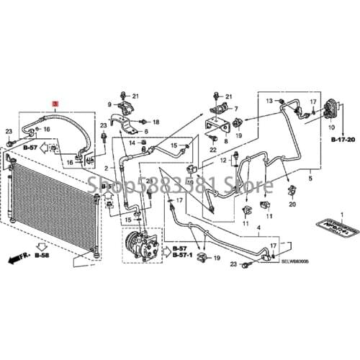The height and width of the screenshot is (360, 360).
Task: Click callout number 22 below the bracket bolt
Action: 213,149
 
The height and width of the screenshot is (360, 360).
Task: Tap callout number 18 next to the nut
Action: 156,122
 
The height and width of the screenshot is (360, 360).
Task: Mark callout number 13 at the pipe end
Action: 270,101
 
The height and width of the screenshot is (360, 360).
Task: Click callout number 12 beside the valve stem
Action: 223,158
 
